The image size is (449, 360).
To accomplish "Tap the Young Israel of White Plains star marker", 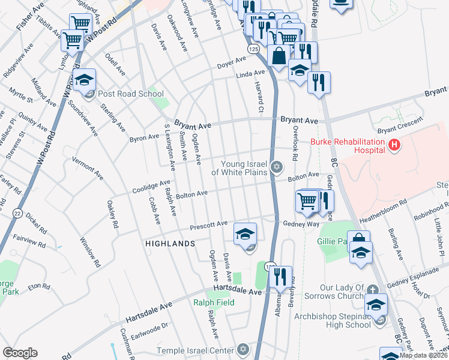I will click(276, 167).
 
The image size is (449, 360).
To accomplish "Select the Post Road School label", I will click(130, 94).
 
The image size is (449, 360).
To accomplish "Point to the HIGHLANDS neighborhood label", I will click(170, 244).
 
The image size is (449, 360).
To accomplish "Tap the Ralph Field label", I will click(213, 302).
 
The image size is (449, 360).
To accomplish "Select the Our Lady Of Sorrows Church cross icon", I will click(375, 288).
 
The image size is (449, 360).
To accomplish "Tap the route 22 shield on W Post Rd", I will click(16, 214).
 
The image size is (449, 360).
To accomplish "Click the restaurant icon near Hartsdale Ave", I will click(280, 278).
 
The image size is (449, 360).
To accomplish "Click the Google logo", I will click(20, 353).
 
